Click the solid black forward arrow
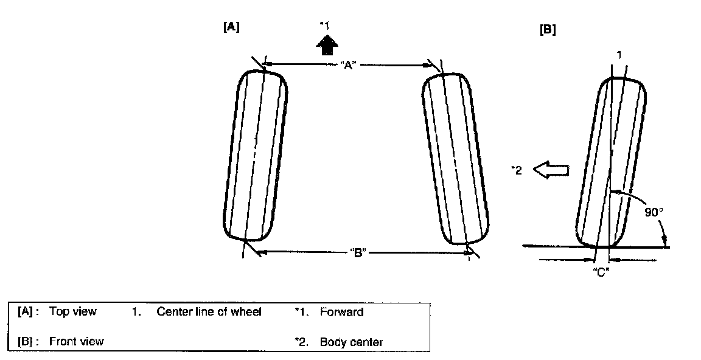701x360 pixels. tap(328, 45)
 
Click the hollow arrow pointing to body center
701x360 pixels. tap(551, 171)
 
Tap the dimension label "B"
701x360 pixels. tap(357, 253)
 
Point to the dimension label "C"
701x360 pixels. tap(601, 272)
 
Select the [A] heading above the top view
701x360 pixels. tap(232, 27)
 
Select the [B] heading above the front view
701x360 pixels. tap(548, 30)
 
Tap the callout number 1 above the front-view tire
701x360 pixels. tap(619, 55)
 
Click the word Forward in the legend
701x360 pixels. tap(341, 313)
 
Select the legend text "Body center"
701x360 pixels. tap(351, 342)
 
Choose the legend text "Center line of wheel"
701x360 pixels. tap(209, 313)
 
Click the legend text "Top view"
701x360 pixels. tap(72, 313)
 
